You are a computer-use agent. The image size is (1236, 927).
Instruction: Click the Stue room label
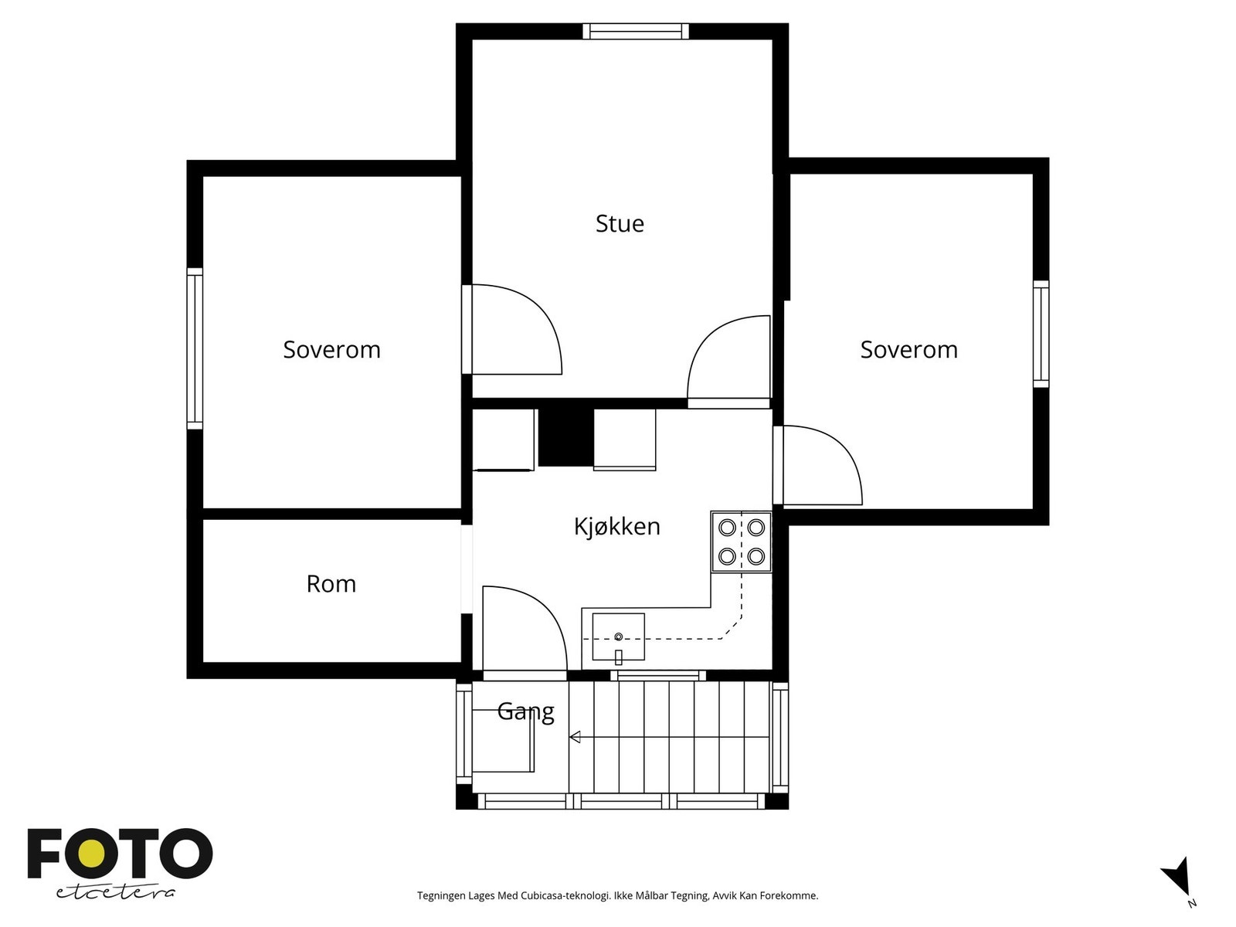tap(620, 223)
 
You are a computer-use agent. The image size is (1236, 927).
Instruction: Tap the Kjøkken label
tap(616, 527)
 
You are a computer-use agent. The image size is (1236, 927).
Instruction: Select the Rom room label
tap(331, 584)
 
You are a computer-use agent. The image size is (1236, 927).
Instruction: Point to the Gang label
tap(525, 712)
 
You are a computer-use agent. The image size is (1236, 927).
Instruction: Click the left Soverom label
tap(331, 349)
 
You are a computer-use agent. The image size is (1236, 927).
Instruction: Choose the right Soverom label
tap(908, 349)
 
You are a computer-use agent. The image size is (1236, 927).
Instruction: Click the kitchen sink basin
tap(618, 637)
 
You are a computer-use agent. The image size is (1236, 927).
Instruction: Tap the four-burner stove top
tap(741, 542)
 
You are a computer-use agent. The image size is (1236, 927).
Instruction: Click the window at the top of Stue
tap(635, 31)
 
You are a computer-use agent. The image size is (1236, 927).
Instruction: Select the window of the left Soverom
tap(194, 349)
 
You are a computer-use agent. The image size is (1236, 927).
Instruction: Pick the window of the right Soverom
tap(1041, 334)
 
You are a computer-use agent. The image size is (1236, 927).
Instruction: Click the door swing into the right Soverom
tap(822, 465)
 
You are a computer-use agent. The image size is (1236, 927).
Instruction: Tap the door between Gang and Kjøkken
tap(525, 628)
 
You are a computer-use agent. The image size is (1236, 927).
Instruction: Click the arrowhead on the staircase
tap(575, 737)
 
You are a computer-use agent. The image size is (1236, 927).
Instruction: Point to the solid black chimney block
tap(566, 437)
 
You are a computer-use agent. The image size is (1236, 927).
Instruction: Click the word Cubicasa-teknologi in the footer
tap(565, 895)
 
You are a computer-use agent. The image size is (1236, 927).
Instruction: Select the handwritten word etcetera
tap(115, 893)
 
